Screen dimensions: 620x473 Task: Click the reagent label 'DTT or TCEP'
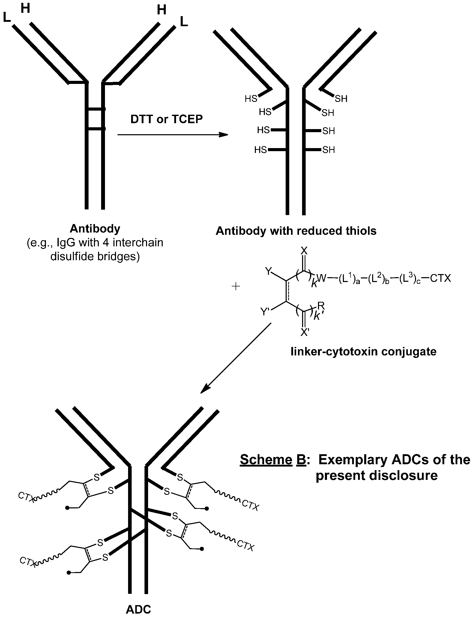(166, 119)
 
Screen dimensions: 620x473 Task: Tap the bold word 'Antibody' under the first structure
(95, 229)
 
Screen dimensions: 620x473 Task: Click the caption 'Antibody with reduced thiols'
(296, 231)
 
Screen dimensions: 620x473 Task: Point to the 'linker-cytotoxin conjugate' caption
(363, 351)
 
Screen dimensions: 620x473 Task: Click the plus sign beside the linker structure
(235, 287)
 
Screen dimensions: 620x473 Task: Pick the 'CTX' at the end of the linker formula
(440, 278)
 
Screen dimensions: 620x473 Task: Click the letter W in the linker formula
(321, 278)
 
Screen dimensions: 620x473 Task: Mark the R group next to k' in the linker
(321, 305)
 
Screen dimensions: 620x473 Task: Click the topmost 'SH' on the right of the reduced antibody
(341, 99)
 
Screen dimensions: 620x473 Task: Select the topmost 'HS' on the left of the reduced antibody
(251, 99)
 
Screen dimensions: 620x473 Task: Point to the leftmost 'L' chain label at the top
(6, 18)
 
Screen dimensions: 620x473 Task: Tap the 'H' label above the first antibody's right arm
(161, 10)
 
